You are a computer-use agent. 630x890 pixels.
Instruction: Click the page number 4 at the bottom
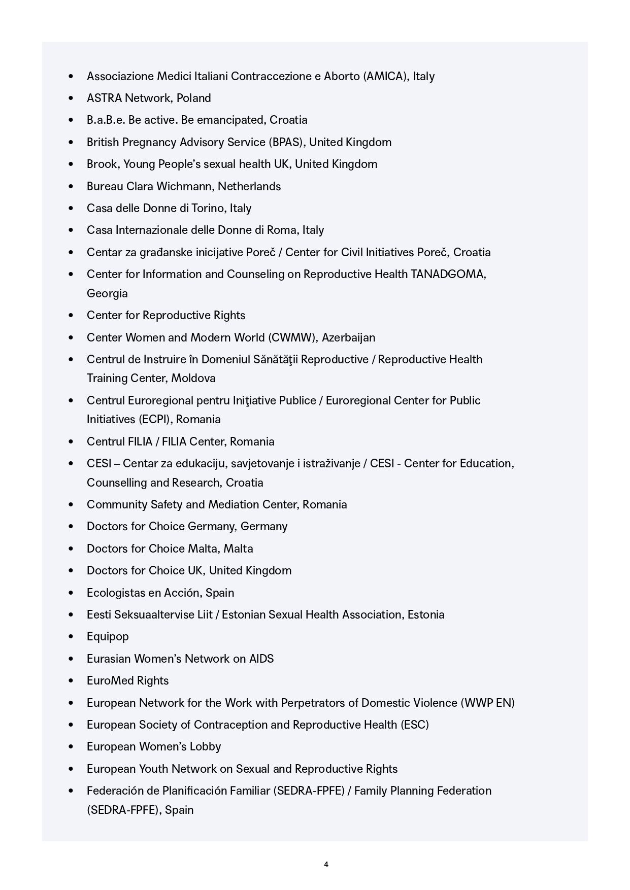[x=326, y=864]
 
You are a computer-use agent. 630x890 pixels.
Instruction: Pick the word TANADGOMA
[x=448, y=274]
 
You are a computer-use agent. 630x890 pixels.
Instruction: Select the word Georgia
[x=107, y=293]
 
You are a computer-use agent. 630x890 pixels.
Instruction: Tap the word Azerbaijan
[x=349, y=337]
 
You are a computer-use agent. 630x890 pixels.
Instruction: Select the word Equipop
[x=108, y=636]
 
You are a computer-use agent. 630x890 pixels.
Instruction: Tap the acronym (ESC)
[x=415, y=725]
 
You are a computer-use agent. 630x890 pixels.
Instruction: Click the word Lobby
[x=205, y=746]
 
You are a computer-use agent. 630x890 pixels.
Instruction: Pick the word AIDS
[x=261, y=659]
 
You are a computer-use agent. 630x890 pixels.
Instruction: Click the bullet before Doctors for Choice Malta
[x=71, y=549]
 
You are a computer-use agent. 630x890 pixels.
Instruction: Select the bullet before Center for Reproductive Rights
[x=71, y=315]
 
